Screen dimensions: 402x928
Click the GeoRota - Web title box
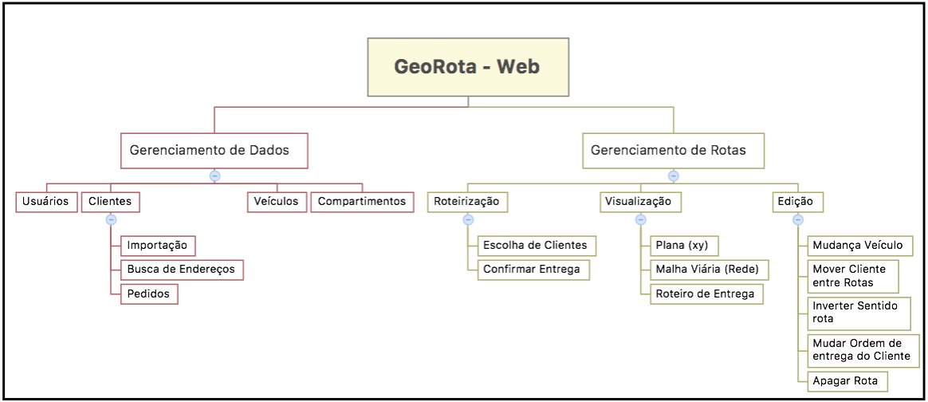point(467,67)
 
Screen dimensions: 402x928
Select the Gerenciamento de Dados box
point(214,150)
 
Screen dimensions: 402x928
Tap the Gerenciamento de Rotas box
point(673,150)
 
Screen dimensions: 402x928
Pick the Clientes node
point(110,202)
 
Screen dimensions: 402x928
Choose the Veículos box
point(276,202)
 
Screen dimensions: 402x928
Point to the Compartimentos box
point(362,202)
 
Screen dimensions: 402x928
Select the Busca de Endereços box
point(181,270)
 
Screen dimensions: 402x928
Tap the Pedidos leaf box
point(149,294)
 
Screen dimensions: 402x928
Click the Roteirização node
point(467,202)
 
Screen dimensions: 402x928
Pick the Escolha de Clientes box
point(535,245)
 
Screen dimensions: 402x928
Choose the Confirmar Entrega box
point(533,270)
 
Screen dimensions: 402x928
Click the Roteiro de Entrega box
point(704,294)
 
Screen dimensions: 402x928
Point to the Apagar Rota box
point(846,381)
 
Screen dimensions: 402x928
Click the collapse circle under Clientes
point(111,219)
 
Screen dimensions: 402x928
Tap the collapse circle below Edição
point(797,219)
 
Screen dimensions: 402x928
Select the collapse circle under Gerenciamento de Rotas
point(673,175)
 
